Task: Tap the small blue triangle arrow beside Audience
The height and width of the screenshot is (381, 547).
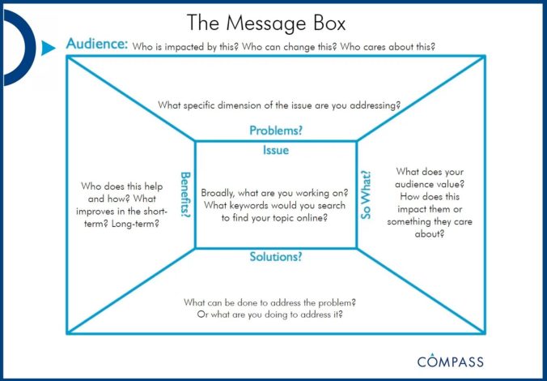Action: click(x=48, y=49)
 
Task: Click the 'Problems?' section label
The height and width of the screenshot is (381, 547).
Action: click(x=275, y=131)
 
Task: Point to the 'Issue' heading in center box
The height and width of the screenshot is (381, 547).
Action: click(x=275, y=150)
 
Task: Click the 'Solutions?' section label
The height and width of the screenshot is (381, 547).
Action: click(x=275, y=257)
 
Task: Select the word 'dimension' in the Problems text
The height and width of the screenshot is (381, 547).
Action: click(x=244, y=105)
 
